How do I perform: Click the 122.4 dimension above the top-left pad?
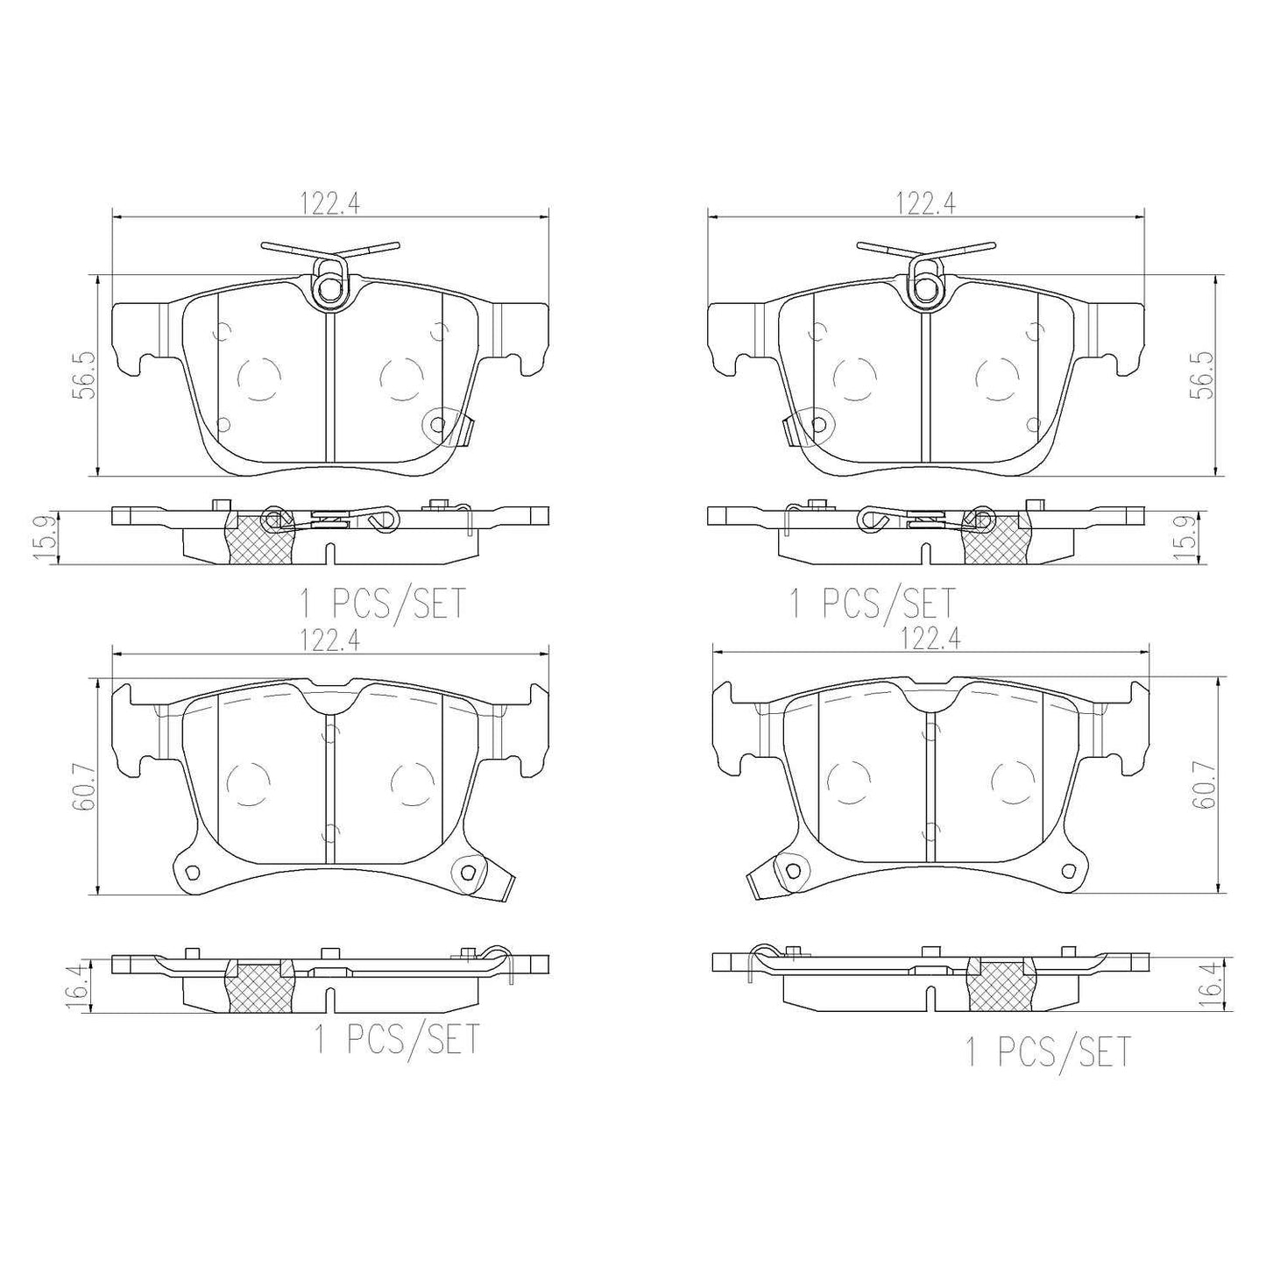(331, 203)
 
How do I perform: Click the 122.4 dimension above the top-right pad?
(926, 203)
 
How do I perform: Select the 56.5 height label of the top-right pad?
(1205, 375)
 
